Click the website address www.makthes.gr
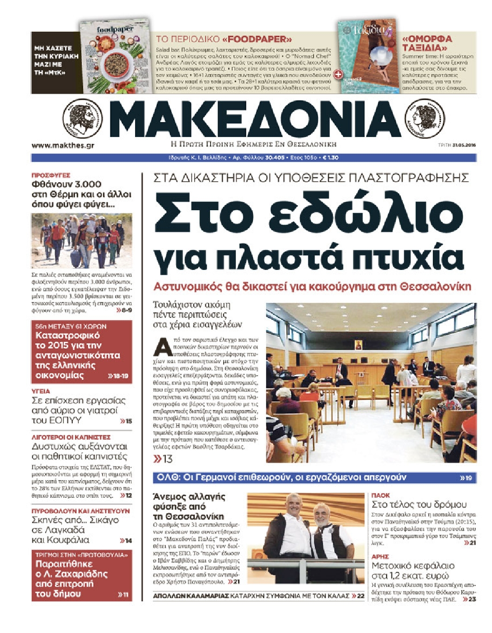63,145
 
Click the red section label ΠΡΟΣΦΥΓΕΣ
51,175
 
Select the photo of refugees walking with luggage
82,241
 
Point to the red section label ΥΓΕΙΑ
41,391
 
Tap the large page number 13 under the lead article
164,459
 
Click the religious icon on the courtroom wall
358,345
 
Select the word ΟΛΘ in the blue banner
165,477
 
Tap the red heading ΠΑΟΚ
381,495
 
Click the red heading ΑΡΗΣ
380,557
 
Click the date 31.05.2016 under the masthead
464,145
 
